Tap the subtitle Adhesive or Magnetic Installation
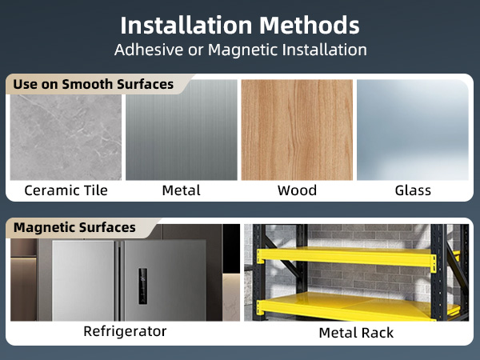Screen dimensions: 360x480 point(240,50)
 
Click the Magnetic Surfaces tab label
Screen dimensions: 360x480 point(74,228)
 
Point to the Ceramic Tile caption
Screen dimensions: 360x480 point(66,190)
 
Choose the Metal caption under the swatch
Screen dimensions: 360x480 point(181,190)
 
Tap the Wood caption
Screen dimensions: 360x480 point(297,190)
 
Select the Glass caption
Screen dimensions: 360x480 point(413,190)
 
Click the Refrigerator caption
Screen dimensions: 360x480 point(125,330)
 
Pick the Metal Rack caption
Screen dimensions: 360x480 point(356,332)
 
